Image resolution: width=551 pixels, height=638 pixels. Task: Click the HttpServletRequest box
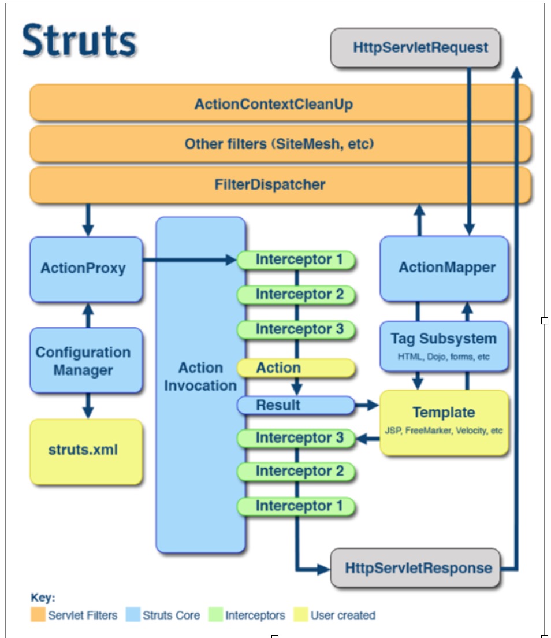[x=415, y=47]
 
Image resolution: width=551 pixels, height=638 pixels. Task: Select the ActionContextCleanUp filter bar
[x=281, y=103]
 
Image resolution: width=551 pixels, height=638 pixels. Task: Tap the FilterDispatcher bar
[x=281, y=185]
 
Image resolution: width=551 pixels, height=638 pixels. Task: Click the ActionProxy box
[x=86, y=269]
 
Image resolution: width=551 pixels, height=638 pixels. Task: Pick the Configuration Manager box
[x=86, y=360]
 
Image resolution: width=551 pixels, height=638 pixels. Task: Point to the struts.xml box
[x=86, y=452]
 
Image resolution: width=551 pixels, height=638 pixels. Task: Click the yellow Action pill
[x=296, y=368]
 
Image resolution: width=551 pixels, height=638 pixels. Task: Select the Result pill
[x=296, y=405]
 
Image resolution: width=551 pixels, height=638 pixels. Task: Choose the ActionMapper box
[x=444, y=269]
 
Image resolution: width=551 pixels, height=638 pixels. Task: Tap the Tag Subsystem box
[x=444, y=346]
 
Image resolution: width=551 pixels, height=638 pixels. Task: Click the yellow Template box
[x=444, y=422]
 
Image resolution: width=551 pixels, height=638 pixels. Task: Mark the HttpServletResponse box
[x=415, y=567]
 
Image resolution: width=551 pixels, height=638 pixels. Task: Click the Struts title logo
[x=79, y=40]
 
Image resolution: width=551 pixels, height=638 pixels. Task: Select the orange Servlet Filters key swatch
[x=38, y=614]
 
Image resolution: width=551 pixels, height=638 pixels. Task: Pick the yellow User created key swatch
[x=300, y=614]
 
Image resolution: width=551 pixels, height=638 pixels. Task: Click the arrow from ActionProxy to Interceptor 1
[x=189, y=259]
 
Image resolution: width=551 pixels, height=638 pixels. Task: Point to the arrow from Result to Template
[x=367, y=405]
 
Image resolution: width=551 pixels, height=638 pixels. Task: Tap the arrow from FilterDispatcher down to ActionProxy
[x=88, y=220]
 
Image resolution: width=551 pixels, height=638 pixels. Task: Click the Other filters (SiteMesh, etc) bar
[x=281, y=144]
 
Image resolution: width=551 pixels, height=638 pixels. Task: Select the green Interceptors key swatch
[x=215, y=614]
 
